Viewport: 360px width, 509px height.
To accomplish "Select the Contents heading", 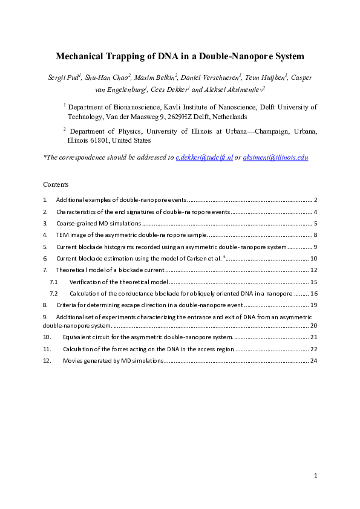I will [x=56, y=184].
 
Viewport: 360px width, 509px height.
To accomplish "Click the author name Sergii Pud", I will [x=62, y=78].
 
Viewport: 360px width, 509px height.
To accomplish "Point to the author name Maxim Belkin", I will [x=149, y=78].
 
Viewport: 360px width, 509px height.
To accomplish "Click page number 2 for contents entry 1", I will [x=316, y=199].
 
